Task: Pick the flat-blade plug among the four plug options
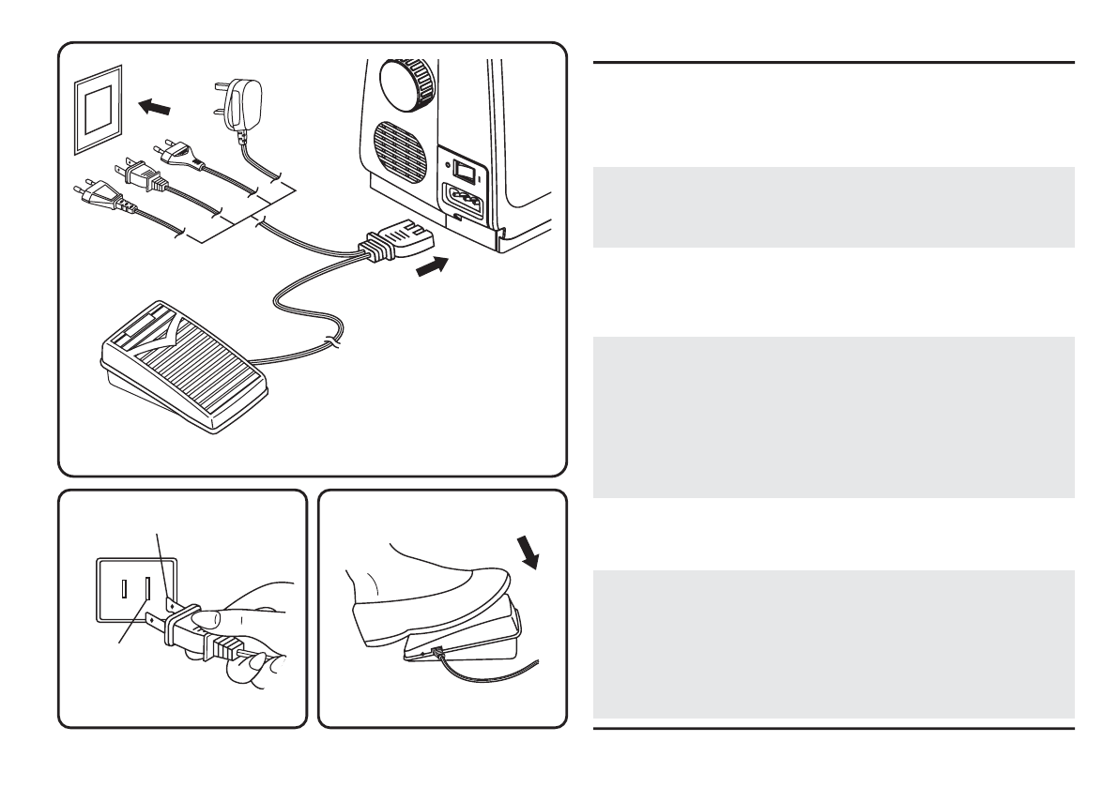139,174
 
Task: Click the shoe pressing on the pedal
422,586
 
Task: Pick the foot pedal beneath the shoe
465,643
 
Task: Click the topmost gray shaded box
834,206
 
